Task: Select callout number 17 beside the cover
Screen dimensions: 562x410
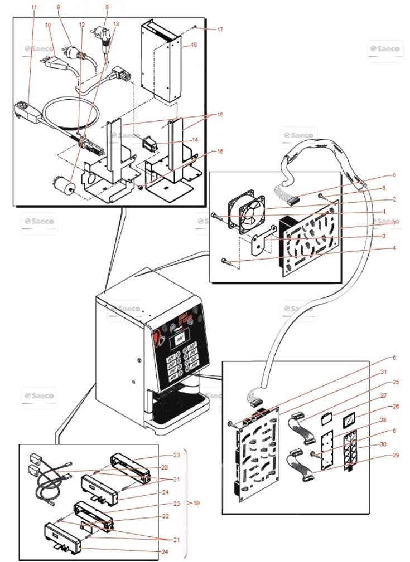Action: point(220,30)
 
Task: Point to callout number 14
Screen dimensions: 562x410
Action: point(195,140)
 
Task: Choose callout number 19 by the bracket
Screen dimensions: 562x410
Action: point(196,503)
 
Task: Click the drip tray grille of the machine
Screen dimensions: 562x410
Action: point(175,410)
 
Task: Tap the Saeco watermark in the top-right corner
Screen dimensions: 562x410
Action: point(384,50)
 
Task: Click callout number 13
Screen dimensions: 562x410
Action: point(116,24)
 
